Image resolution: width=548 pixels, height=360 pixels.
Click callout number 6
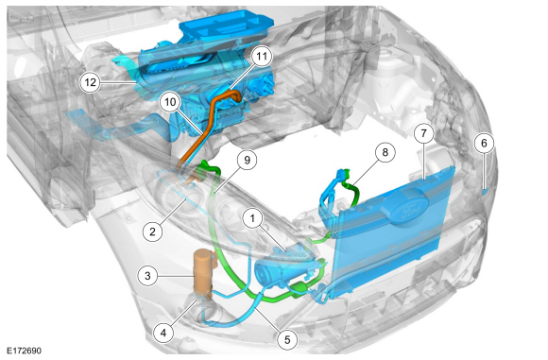click(482, 143)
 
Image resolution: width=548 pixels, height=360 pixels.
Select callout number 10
click(170, 100)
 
